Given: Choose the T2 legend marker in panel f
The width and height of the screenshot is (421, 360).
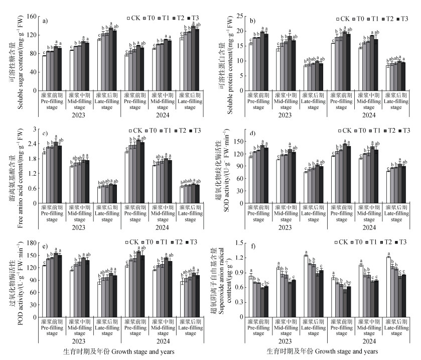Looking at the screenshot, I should coord(381,243).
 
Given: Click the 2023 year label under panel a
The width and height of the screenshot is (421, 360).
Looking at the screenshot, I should coord(68,115).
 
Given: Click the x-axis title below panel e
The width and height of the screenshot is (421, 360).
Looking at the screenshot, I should coord(119,351).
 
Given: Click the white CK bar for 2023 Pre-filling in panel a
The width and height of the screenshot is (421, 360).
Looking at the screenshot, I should coord(44,72).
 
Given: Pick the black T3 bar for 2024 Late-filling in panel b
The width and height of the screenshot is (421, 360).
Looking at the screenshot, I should coord(402,75).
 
